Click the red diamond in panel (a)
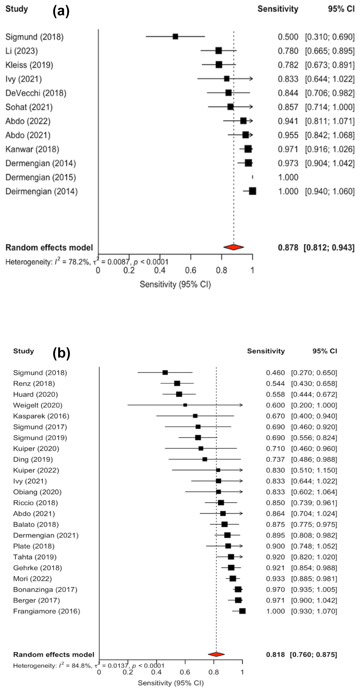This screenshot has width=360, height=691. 234,247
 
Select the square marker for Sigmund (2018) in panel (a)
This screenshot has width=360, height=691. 175,36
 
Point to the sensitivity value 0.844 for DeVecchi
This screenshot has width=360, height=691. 288,93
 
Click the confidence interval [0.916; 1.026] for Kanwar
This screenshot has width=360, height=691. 330,149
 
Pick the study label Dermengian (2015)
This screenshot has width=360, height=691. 41,177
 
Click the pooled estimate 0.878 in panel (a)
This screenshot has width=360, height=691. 288,247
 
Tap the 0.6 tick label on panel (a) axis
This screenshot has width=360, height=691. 190,270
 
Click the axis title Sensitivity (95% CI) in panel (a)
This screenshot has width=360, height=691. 175,284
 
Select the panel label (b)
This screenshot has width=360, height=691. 61,353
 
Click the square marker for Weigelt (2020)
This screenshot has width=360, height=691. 185,405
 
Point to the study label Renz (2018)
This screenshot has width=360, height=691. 34,384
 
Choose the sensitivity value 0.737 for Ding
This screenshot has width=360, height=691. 275,459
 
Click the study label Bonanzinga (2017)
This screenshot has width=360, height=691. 45,589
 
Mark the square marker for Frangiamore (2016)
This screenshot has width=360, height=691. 242,611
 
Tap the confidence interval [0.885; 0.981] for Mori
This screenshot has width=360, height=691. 314,579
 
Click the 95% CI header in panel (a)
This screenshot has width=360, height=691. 341,9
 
